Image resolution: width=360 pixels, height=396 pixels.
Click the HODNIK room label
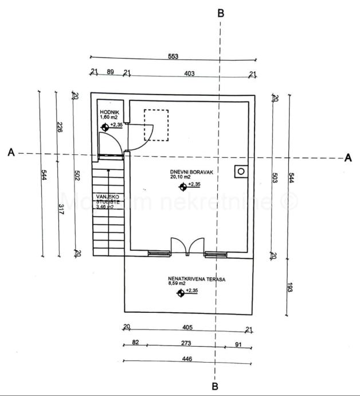[x=109, y=112]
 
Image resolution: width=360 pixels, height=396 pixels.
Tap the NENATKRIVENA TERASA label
[x=197, y=279]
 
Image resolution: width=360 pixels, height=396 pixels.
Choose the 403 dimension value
[x=189, y=73]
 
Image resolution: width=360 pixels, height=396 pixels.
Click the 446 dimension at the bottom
[x=187, y=359]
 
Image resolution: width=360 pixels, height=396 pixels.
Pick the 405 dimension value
[x=187, y=328]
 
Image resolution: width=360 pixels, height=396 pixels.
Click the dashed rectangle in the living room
[x=156, y=126]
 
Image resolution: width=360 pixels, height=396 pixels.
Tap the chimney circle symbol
[x=241, y=171]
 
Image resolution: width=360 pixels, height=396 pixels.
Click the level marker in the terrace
[x=181, y=293]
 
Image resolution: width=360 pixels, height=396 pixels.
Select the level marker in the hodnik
[x=105, y=127]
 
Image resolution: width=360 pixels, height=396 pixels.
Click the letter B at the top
[x=221, y=13]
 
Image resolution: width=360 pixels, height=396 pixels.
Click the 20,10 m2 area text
[x=181, y=177]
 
